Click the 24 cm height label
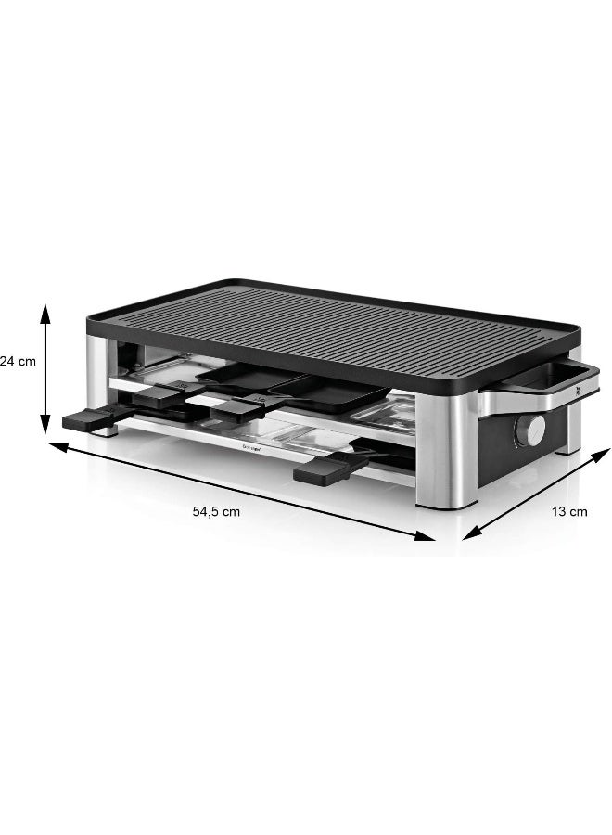click(18, 361)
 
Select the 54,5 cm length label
click(217, 510)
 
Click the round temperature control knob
click(531, 430)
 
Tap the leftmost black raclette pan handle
click(86, 420)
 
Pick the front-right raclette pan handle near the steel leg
click(320, 469)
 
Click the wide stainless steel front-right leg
click(447, 455)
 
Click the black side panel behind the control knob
click(501, 436)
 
